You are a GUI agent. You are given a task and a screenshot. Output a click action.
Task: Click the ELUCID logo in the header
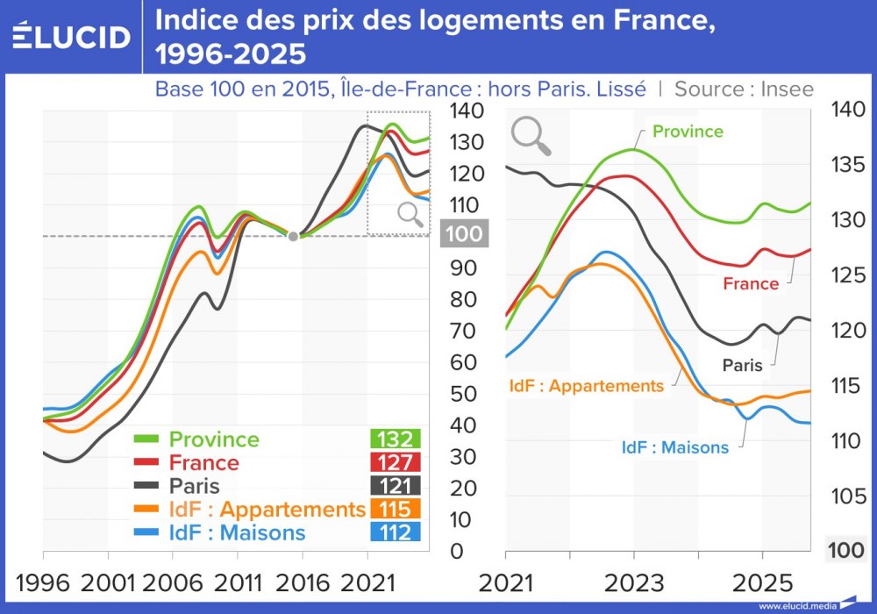click(72, 37)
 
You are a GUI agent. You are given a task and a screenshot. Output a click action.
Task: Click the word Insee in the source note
click(788, 89)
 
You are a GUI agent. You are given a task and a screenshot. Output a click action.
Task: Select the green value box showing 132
click(395, 439)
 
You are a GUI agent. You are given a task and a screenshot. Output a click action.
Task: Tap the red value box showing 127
click(395, 462)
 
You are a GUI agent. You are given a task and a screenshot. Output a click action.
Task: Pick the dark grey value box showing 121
click(395, 486)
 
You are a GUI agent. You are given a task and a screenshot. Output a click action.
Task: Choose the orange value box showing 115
click(395, 509)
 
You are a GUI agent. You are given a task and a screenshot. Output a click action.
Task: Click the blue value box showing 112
click(395, 532)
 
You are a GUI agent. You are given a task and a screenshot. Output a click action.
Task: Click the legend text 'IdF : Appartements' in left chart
click(267, 510)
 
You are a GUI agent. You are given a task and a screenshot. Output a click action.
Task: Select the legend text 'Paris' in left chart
click(194, 486)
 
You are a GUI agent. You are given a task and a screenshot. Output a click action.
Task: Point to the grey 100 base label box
click(464, 234)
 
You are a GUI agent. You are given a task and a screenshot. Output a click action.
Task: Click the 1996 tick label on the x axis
click(42, 583)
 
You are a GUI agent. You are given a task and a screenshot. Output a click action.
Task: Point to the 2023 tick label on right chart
click(633, 583)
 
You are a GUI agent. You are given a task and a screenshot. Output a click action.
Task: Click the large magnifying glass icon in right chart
click(531, 136)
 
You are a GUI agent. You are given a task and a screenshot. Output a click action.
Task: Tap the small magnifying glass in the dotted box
click(409, 214)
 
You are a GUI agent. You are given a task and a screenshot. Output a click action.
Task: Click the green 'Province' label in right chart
click(688, 132)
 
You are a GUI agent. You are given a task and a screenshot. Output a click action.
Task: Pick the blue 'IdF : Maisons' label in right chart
click(674, 447)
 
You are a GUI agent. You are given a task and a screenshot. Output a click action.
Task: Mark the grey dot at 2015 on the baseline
click(293, 235)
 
